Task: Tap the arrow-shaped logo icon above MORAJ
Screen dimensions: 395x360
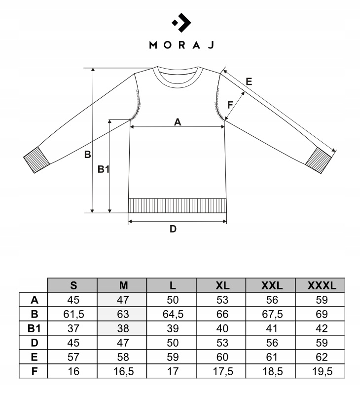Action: (180, 22)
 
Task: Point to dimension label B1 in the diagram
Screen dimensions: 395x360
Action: (103, 169)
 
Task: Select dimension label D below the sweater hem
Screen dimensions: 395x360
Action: (173, 229)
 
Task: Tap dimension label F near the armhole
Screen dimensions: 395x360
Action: (230, 105)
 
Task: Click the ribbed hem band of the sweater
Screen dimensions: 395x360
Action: (177, 205)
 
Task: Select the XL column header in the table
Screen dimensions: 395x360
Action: (222, 285)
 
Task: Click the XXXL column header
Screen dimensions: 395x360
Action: (321, 285)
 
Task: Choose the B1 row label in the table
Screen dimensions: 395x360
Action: (34, 328)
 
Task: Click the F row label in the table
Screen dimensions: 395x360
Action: (34, 371)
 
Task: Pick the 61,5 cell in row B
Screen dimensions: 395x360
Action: (73, 314)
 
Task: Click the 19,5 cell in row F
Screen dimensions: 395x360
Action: (321, 371)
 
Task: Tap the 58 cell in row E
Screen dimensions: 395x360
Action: (123, 356)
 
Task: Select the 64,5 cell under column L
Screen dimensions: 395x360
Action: (173, 314)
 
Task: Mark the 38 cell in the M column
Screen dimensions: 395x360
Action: (123, 328)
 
